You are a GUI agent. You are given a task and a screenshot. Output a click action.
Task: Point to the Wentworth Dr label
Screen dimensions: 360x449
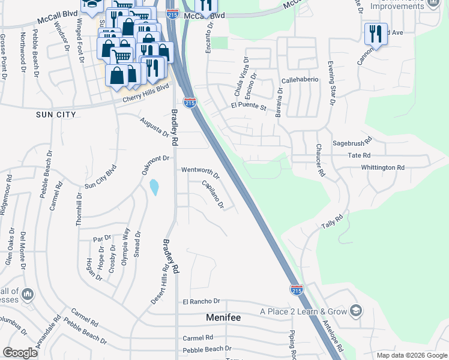coord(200,173)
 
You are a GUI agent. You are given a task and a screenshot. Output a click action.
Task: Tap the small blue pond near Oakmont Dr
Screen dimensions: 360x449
coord(154,187)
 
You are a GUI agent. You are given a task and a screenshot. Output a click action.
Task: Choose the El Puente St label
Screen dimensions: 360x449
coord(248,107)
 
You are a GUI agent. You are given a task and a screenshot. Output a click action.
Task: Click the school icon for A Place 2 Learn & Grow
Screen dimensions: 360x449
coord(356,311)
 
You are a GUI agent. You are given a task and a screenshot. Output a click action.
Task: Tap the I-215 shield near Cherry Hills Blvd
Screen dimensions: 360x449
coord(190,103)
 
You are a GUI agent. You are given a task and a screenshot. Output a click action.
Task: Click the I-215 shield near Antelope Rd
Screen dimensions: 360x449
coord(297,290)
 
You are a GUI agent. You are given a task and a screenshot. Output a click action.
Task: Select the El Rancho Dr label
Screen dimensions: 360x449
coord(202,301)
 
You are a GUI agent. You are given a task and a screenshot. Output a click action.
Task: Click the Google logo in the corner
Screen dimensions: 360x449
coord(20,353)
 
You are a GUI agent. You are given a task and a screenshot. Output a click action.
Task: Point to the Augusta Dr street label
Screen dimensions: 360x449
coord(154,127)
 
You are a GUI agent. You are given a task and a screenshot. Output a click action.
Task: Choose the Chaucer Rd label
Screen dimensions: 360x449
coord(320,160)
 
